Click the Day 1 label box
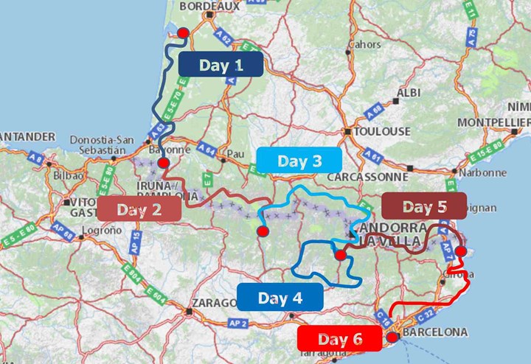pos(221,65)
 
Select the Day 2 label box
pos(139,209)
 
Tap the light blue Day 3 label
pos(299,161)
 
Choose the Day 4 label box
pos(280,297)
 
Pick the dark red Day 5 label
pos(424,206)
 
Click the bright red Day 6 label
pos(339,340)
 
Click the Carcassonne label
pos(367,178)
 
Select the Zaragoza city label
pos(214,303)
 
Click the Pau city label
pos(235,154)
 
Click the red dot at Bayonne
pos(164,163)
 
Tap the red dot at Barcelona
pos(392,336)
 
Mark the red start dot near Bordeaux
pos(183,32)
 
